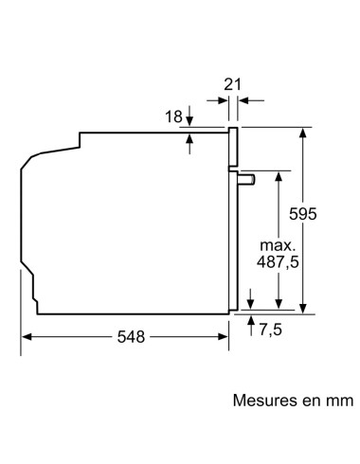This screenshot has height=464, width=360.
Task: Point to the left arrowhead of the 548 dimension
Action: coord(27,337)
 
